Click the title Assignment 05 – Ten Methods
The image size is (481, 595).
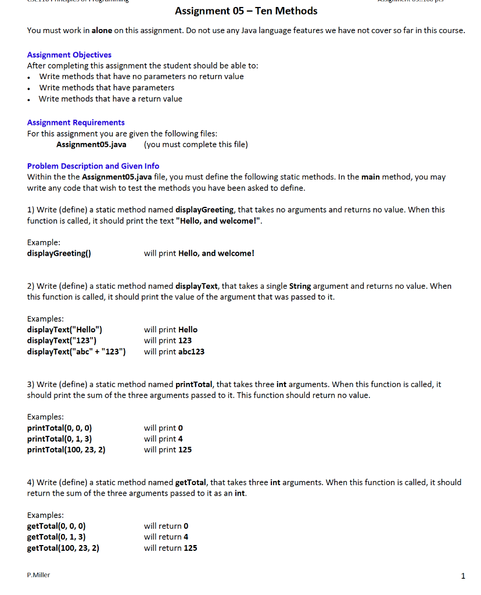click(x=246, y=11)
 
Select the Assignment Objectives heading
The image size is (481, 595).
click(x=69, y=55)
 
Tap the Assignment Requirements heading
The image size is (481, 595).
click(x=76, y=122)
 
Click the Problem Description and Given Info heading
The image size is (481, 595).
click(x=93, y=166)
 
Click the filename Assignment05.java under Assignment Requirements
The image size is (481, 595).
click(x=91, y=144)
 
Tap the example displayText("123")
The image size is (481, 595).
click(x=62, y=340)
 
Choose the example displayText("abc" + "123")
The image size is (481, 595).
click(x=77, y=352)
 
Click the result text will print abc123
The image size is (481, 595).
click(x=174, y=352)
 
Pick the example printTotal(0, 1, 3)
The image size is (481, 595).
click(x=60, y=439)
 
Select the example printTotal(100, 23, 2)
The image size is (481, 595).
click(x=66, y=450)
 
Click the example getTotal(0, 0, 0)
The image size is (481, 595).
click(x=56, y=526)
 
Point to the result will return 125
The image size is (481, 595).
click(x=170, y=548)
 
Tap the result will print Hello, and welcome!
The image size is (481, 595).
click(x=199, y=253)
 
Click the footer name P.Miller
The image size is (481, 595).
click(x=38, y=575)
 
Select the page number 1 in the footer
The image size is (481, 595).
click(x=462, y=576)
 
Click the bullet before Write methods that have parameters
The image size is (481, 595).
click(x=30, y=88)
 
